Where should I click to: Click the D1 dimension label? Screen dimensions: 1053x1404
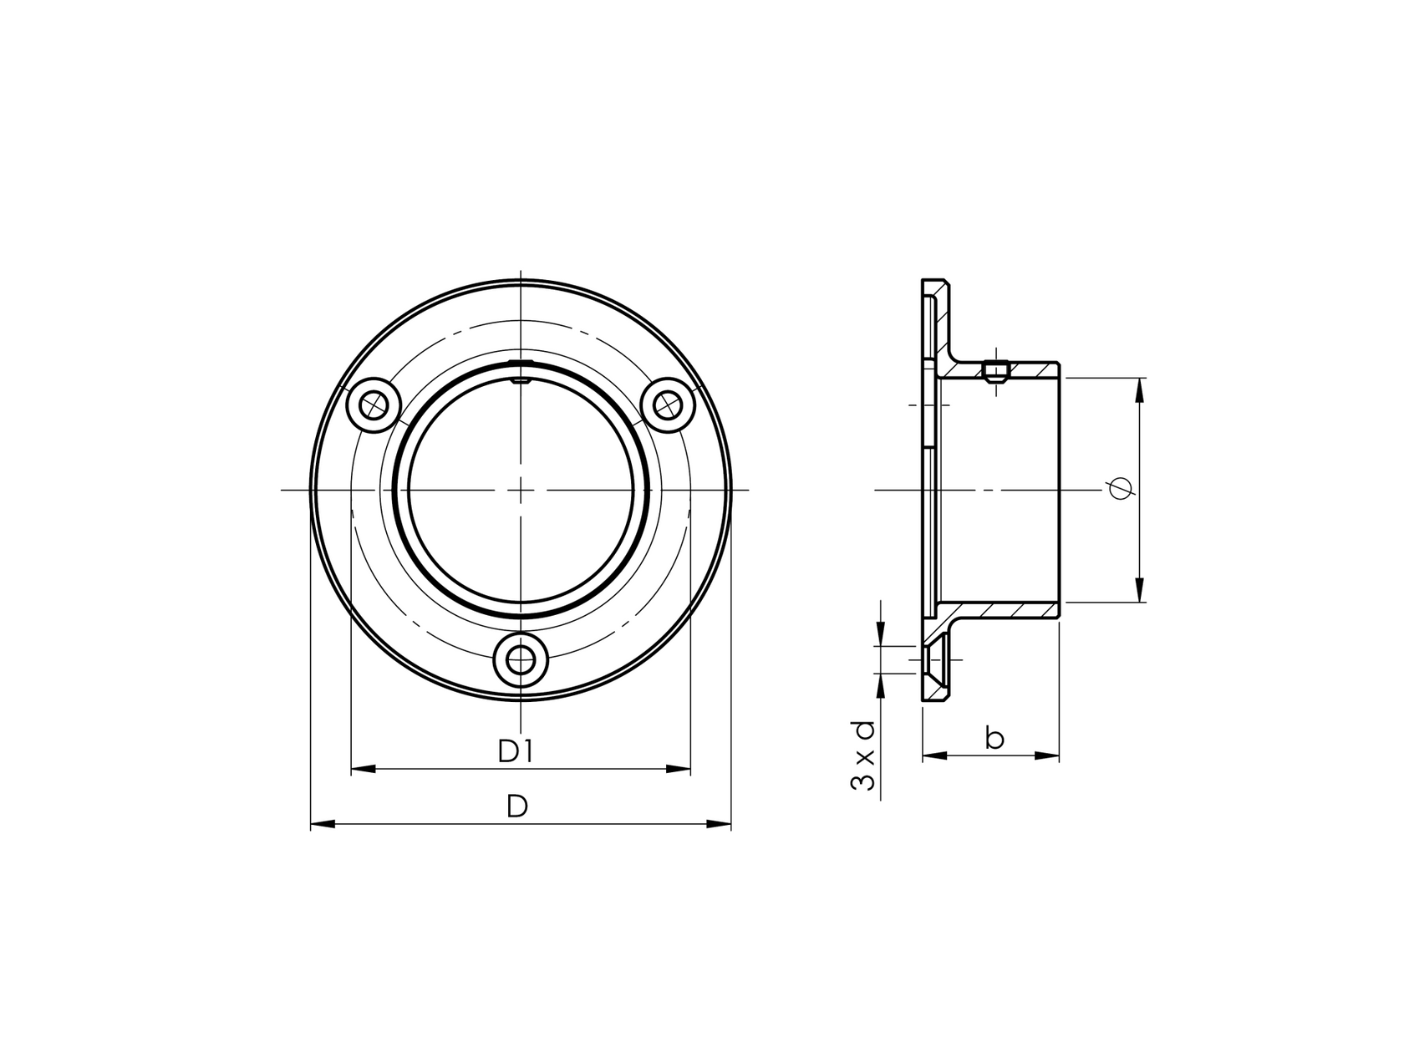(x=516, y=751)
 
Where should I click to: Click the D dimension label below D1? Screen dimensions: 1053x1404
(x=517, y=806)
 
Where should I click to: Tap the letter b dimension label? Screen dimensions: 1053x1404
(x=994, y=738)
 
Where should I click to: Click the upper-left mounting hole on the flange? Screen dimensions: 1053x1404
(x=373, y=406)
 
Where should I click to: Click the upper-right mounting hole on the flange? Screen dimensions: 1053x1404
(x=667, y=406)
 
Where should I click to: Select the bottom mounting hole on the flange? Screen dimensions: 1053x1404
(x=521, y=660)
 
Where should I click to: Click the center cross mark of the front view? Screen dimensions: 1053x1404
(x=521, y=490)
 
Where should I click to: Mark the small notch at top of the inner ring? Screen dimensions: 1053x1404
(x=521, y=380)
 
